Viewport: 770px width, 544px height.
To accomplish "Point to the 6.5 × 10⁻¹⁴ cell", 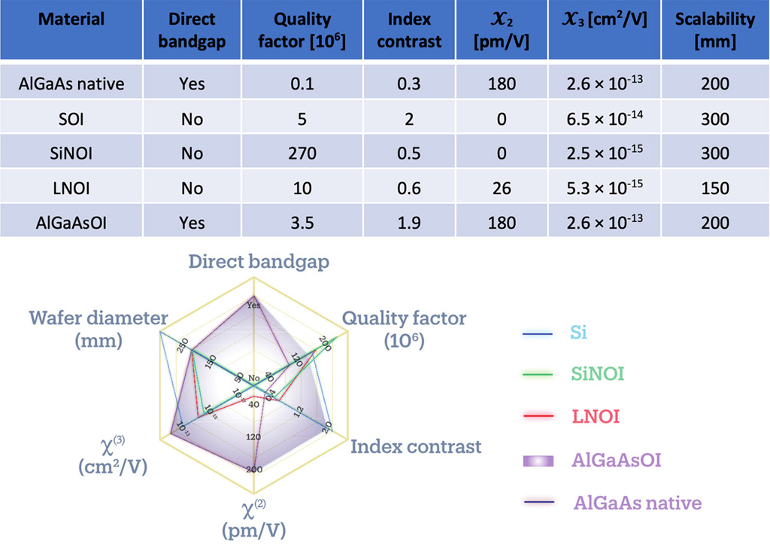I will pyautogui.click(x=605, y=118).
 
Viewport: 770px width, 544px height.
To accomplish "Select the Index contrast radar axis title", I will pyautogui.click(x=416, y=446).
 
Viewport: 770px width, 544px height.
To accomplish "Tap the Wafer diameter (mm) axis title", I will pyautogui.click(x=99, y=329).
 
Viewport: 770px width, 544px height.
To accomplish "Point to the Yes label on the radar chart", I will pyautogui.click(x=254, y=305).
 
